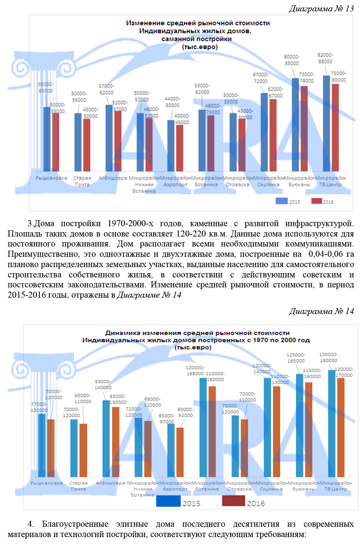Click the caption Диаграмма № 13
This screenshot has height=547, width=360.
(x=321, y=9)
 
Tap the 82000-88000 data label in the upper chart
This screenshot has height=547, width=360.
(x=325, y=58)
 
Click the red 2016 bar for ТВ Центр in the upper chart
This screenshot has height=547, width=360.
(x=335, y=127)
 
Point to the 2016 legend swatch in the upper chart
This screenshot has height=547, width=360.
(x=316, y=201)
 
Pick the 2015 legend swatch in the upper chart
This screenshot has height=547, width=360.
(x=281, y=201)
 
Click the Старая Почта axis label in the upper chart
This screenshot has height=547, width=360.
(x=82, y=181)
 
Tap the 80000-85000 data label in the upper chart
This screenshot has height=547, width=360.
(x=292, y=60)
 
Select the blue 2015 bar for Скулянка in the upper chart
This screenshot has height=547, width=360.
(x=264, y=132)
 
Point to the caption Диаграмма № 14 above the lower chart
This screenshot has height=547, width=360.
(x=321, y=311)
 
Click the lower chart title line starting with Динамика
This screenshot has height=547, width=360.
(x=197, y=333)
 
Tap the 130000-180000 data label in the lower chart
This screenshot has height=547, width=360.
(x=328, y=357)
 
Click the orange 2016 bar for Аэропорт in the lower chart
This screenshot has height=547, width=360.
(x=180, y=452)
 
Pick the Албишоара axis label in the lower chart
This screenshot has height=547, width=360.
(x=110, y=483)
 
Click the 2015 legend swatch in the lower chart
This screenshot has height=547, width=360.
(x=168, y=501)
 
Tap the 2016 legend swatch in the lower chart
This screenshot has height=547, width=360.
(x=233, y=501)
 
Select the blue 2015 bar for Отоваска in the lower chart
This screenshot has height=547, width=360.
(x=235, y=446)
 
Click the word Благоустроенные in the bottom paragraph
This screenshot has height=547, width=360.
(x=75, y=524)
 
